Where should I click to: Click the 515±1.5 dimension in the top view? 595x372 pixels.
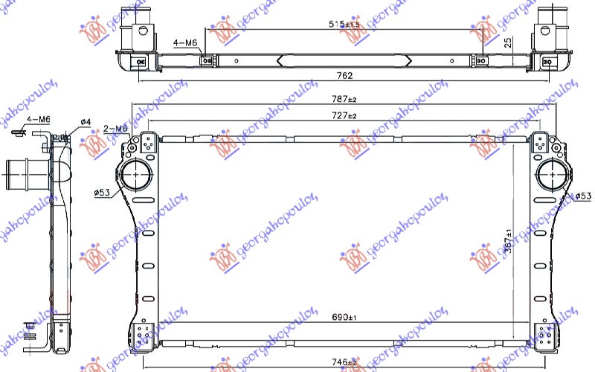click(344, 24)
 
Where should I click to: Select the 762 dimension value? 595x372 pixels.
click(344, 75)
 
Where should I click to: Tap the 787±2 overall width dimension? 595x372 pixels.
click(344, 98)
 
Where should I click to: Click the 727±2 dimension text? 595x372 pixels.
click(344, 116)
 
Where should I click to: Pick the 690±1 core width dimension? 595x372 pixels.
click(344, 318)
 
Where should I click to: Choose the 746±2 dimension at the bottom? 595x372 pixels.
click(344, 362)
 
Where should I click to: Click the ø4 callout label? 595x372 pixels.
click(86, 122)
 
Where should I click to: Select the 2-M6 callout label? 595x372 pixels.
click(115, 129)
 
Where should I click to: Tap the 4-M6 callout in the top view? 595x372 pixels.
click(185, 44)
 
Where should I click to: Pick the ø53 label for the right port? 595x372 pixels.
click(584, 196)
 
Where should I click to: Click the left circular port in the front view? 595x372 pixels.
click(135, 176)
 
